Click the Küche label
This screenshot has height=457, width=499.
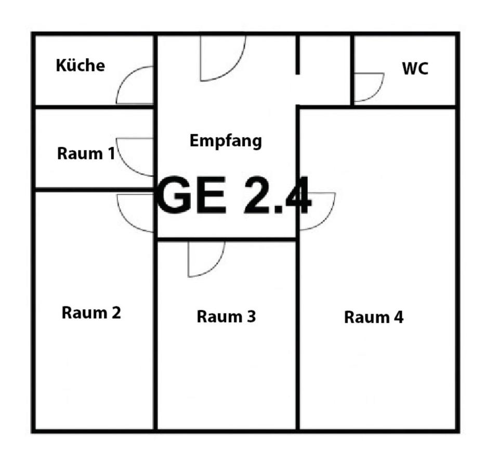[80, 66]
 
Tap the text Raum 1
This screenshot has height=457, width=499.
[86, 154]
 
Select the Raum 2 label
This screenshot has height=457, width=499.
[91, 313]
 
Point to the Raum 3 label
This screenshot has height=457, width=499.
[226, 316]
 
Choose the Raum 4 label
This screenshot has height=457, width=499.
[373, 317]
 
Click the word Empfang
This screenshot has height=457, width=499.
[226, 141]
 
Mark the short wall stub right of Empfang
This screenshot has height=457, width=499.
[298, 55]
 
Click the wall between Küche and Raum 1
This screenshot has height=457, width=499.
[94, 107]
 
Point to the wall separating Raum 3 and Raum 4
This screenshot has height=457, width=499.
[298, 333]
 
